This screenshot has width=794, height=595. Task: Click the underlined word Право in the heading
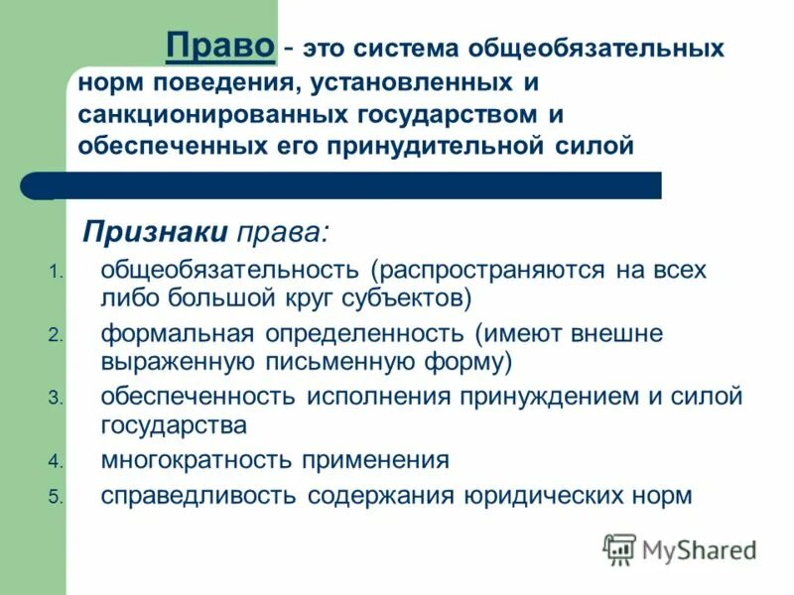(x=220, y=46)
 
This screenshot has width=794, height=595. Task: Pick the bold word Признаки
(x=155, y=231)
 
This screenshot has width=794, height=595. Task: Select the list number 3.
(x=55, y=399)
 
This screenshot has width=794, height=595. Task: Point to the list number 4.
(x=55, y=462)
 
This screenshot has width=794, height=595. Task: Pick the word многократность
(x=198, y=459)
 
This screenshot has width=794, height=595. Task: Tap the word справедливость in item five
(x=198, y=495)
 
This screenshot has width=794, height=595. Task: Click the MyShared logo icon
(x=619, y=548)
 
